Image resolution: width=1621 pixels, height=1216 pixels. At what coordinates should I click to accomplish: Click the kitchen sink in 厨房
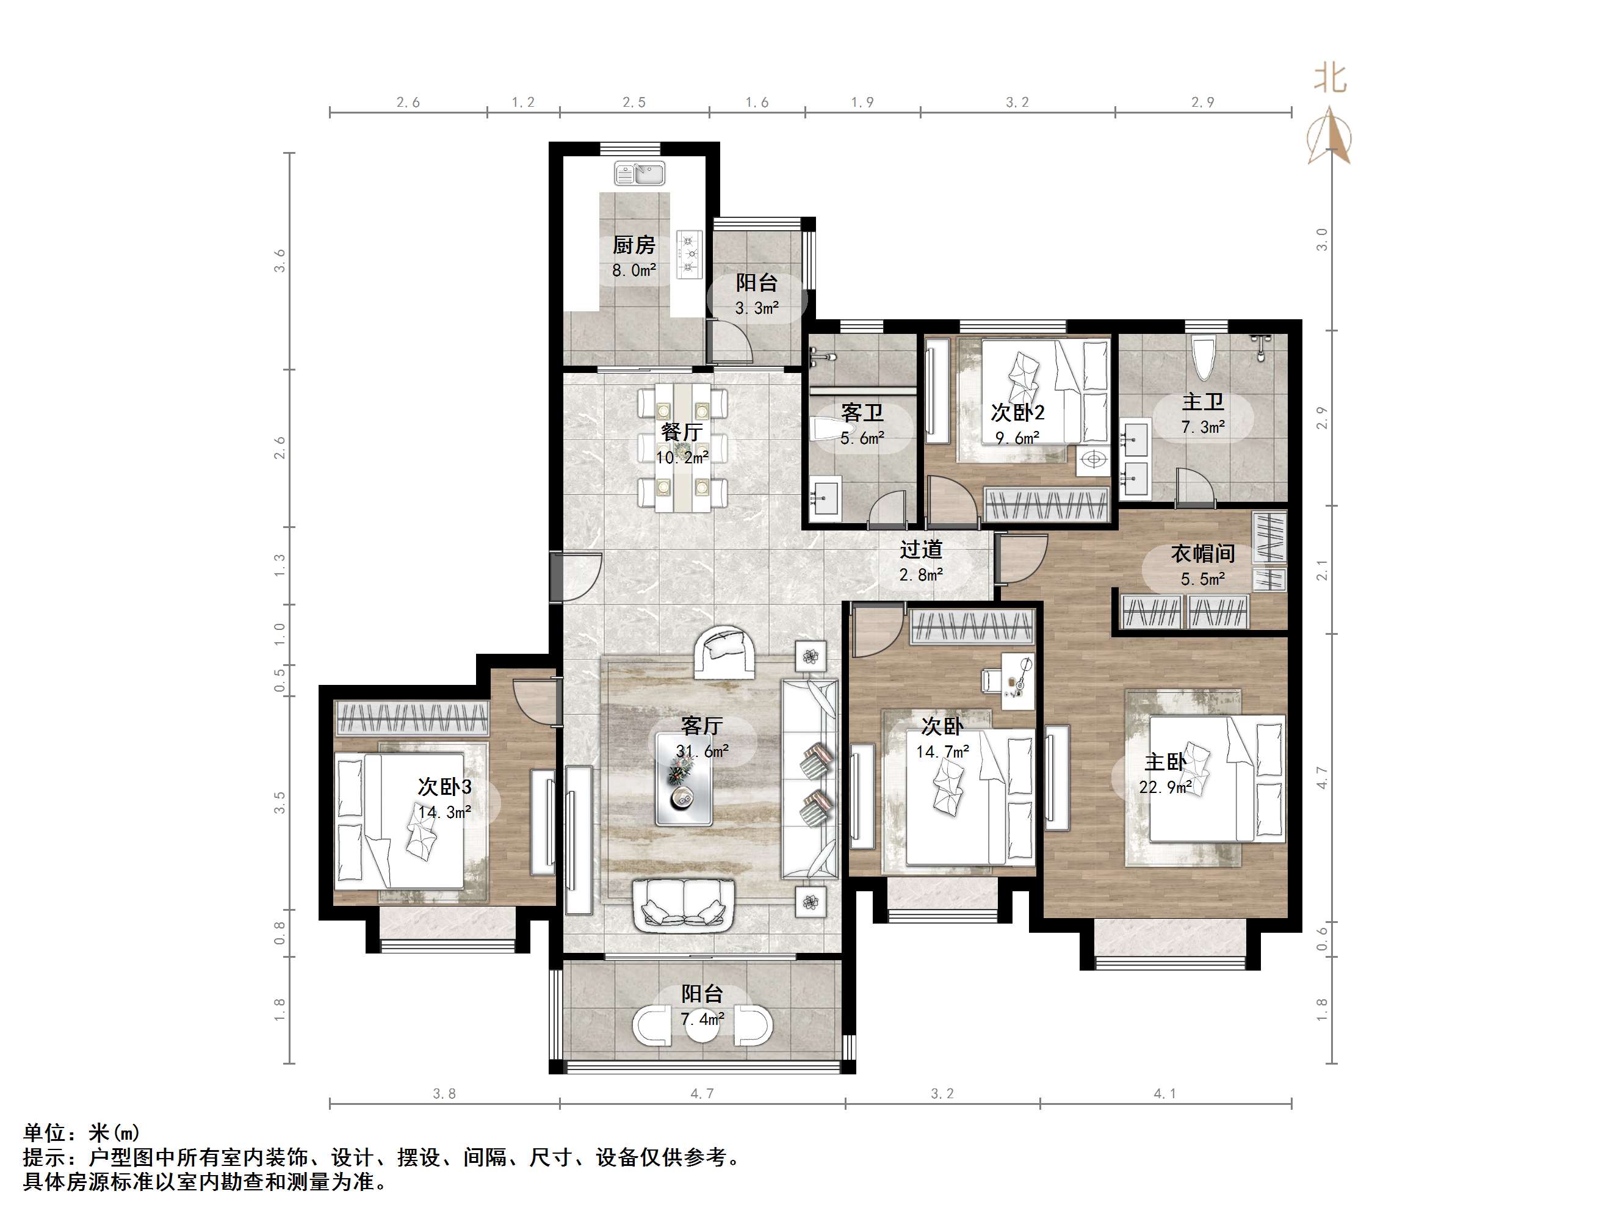coord(640,174)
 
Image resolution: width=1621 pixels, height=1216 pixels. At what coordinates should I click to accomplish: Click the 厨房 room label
coord(634,245)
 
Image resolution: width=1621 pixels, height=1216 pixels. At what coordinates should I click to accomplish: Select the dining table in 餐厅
coord(682,447)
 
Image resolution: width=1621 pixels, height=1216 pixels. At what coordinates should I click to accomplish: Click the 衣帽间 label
coord(1202,554)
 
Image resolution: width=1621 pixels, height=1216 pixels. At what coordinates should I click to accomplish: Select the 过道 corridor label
coord(920,550)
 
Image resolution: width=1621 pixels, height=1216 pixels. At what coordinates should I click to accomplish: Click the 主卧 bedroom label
coord(1165,762)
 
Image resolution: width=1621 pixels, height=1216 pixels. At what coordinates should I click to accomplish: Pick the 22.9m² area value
coord(1165,787)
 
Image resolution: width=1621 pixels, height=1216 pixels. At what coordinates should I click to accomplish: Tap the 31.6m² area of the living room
coord(702,751)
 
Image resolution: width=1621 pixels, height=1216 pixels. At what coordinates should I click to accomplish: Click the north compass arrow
coord(1330,136)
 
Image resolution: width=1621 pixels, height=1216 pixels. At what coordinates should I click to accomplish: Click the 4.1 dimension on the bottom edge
coord(1164,1093)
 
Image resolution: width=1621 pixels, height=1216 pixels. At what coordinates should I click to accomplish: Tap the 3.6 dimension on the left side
coord(279,261)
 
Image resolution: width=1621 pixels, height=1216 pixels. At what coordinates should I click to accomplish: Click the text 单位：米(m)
coord(81,1132)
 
